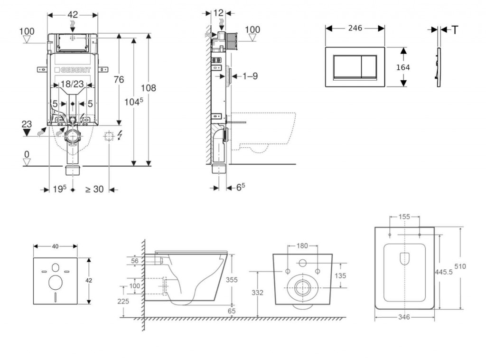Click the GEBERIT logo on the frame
click(74, 69)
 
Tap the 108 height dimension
click(149, 88)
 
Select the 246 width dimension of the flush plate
click(355, 28)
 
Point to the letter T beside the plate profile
click(455, 30)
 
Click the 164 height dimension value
click(403, 67)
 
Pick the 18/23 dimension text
click(72, 84)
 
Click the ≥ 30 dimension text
click(94, 189)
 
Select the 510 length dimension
click(460, 266)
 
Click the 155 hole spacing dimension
click(404, 217)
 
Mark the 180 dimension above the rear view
click(302, 246)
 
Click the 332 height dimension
click(258, 293)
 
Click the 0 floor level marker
click(27, 154)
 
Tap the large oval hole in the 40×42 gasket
click(56, 282)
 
